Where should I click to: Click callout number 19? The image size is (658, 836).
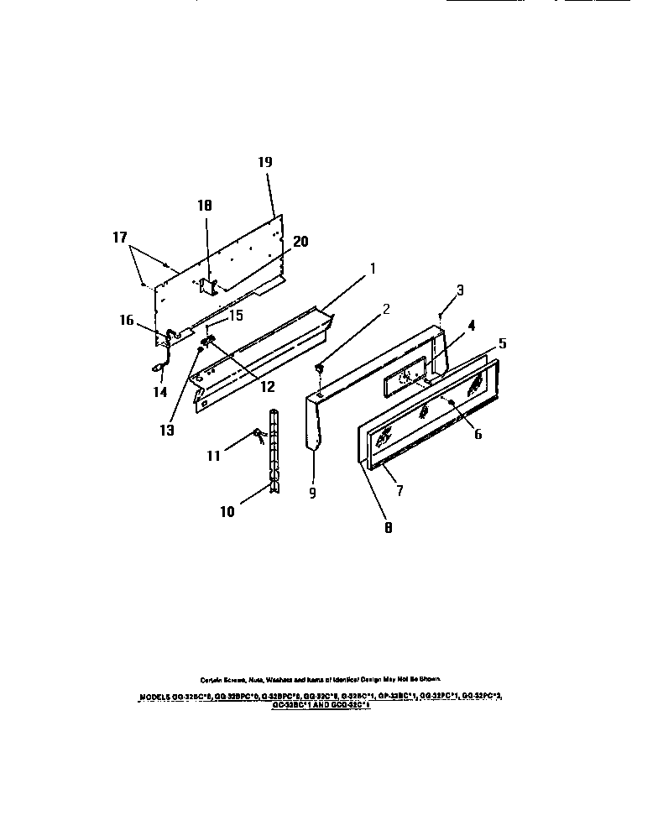pyautogui.click(x=265, y=164)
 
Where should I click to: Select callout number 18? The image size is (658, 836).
pyautogui.click(x=205, y=205)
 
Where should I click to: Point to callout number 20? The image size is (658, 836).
pyautogui.click(x=300, y=241)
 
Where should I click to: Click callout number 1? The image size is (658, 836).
pyautogui.click(x=373, y=269)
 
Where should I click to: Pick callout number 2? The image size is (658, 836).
pyautogui.click(x=384, y=309)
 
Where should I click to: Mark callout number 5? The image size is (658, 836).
pyautogui.click(x=503, y=343)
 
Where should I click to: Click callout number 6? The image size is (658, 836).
pyautogui.click(x=478, y=435)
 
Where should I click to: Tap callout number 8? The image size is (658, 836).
pyautogui.click(x=387, y=528)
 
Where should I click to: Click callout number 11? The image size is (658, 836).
pyautogui.click(x=214, y=456)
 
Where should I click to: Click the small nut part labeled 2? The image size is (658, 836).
pyautogui.click(x=320, y=367)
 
